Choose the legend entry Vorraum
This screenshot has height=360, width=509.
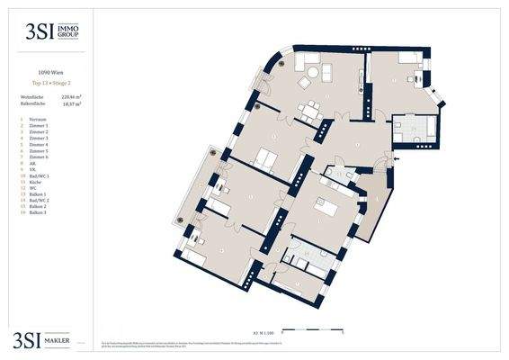click(38, 119)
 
